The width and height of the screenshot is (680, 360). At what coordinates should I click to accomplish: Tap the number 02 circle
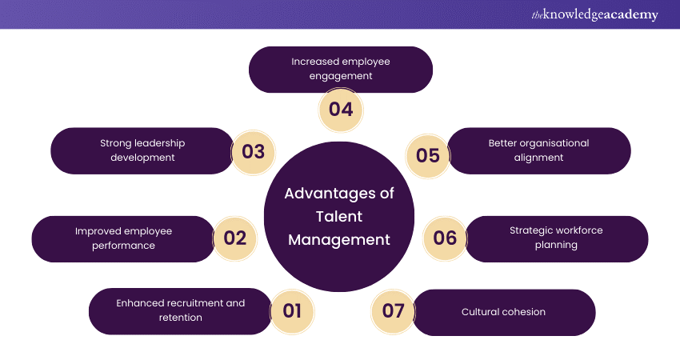point(235,238)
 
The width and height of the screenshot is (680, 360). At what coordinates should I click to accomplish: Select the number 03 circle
point(253,151)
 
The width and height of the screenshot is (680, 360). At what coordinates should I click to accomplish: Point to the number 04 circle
point(341,109)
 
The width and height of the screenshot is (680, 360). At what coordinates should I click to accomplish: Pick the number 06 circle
point(445,238)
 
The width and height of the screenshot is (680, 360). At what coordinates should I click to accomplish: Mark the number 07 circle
point(394,311)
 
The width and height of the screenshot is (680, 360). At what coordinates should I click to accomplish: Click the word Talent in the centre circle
point(339,216)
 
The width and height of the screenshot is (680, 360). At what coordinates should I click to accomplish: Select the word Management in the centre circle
point(339,239)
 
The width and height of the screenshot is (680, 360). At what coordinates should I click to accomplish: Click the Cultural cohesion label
point(503,312)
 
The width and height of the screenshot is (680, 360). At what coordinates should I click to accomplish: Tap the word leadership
point(158,143)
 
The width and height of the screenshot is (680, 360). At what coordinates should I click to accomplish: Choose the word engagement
point(340,77)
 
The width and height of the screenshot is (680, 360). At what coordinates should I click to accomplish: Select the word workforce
point(576,230)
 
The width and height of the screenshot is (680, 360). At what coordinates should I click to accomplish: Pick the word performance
point(123,246)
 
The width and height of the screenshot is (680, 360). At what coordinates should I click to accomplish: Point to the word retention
point(180,318)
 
